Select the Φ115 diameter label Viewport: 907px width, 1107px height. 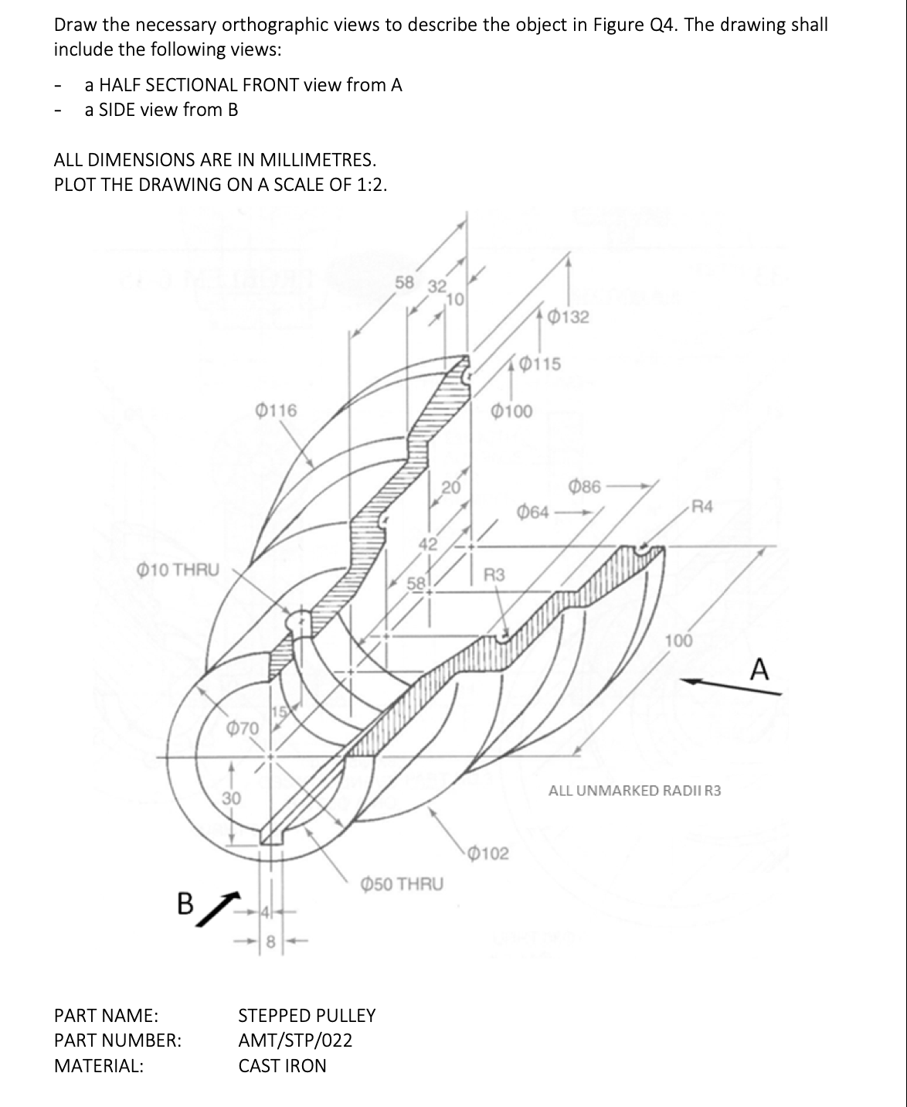tap(540, 363)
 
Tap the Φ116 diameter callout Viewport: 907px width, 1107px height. tap(275, 410)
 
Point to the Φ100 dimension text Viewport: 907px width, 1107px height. tap(511, 411)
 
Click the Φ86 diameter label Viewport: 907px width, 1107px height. tap(585, 487)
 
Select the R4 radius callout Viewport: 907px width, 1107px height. tap(703, 507)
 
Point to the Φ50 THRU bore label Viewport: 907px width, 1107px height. tap(403, 883)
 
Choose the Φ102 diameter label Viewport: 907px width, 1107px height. tap(488, 853)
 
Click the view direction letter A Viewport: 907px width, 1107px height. tap(760, 669)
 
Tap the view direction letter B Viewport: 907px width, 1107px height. tap(185, 902)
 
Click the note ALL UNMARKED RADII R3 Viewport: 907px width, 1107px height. tap(634, 790)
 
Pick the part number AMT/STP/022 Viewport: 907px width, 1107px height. tap(295, 1040)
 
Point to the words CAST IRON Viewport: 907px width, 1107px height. tap(282, 1065)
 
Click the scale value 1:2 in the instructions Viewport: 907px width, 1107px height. tap(369, 186)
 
